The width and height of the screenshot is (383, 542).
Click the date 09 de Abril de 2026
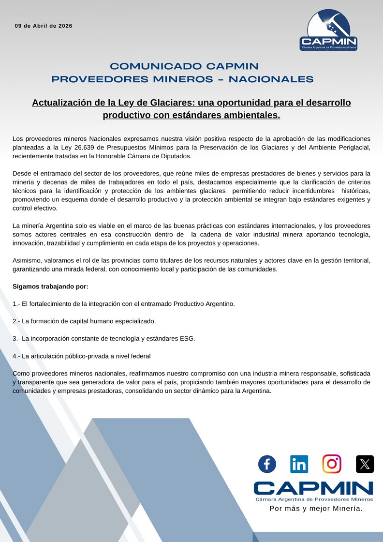click(x=44, y=26)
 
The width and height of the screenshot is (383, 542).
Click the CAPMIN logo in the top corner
click(x=328, y=30)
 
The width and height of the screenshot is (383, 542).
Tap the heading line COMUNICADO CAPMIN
click(x=184, y=66)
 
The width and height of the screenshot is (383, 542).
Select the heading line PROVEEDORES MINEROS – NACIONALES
click(x=182, y=79)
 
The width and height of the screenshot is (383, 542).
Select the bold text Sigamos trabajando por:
click(x=50, y=286)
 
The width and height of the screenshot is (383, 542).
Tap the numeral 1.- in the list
click(x=16, y=303)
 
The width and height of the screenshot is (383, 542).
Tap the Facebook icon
click(x=267, y=464)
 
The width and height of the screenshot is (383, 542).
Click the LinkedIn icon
click(x=299, y=464)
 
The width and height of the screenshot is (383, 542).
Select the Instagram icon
click(x=332, y=464)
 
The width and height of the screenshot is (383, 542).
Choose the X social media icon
click(x=365, y=464)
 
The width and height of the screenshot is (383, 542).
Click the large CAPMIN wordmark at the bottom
click(x=313, y=488)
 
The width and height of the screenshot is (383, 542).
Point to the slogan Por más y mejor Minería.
click(x=316, y=509)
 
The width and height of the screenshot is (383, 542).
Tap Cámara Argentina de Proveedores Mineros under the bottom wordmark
click(x=314, y=498)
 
